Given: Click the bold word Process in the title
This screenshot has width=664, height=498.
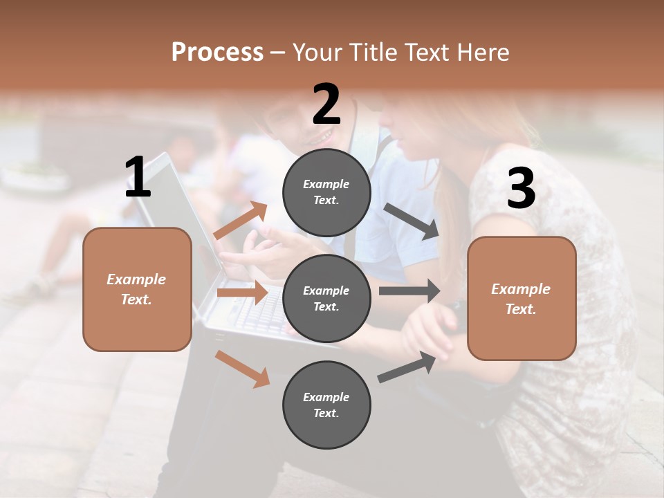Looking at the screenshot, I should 217,53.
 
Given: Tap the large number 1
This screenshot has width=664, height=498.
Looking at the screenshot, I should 138,178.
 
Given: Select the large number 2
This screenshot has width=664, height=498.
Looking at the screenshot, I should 326,104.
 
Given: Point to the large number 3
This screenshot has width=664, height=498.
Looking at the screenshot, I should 521,189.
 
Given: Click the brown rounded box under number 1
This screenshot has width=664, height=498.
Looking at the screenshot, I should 137,289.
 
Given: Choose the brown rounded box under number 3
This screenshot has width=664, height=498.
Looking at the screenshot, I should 522,298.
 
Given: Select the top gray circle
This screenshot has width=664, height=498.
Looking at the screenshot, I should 326,192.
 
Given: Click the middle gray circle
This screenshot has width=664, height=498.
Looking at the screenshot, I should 326,298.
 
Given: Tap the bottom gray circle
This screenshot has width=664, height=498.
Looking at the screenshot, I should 326,405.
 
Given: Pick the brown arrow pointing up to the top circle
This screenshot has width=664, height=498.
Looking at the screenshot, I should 241,221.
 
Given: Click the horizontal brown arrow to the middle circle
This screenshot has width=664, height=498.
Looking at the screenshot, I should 241,293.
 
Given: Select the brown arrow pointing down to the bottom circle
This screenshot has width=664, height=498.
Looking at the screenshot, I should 242,369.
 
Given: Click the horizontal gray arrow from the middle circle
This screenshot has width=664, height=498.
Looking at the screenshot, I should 409,290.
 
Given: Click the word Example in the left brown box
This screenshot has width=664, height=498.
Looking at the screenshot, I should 136,279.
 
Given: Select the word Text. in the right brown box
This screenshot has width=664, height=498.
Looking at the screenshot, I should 521,309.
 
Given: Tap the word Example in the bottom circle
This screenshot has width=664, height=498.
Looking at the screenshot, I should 326,397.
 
